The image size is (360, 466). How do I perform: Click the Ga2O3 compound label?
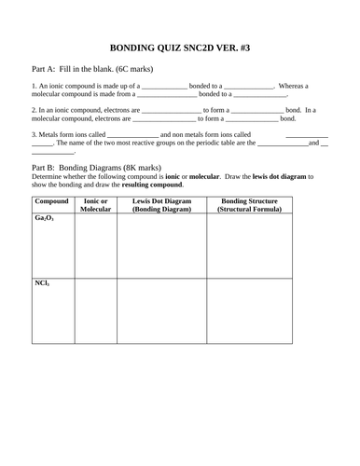[43, 218]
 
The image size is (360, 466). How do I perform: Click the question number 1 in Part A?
[34, 86]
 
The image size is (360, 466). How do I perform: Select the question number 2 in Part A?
[34, 110]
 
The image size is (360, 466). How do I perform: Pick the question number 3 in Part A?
[34, 134]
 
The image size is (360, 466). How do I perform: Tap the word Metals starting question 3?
[50, 134]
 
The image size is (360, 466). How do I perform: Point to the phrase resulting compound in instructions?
[153, 184]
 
